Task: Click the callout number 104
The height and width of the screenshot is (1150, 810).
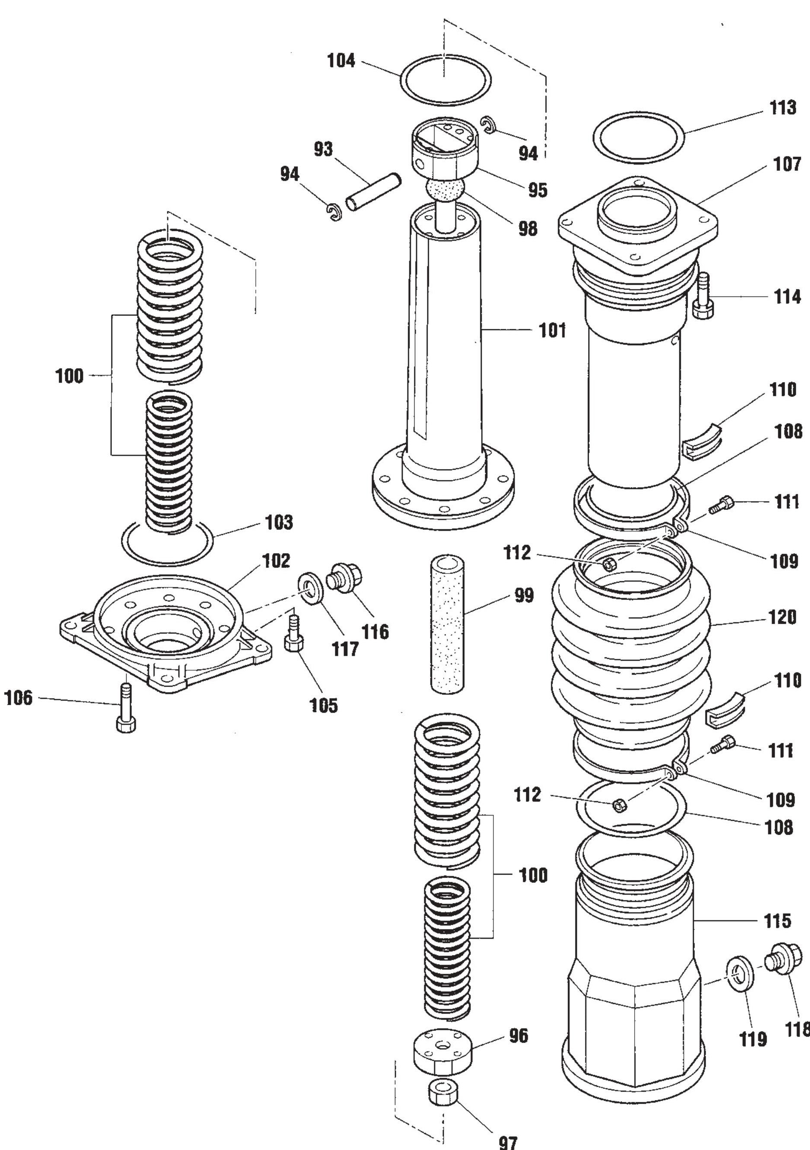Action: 341,61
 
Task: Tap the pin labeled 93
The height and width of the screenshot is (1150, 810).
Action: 373,192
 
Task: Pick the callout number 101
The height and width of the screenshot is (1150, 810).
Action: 552,331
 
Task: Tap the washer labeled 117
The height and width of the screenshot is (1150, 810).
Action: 310,589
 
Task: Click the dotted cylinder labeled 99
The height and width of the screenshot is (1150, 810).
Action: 447,624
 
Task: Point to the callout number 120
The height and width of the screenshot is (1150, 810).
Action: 782,617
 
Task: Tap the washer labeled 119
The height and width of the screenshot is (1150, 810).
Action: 738,973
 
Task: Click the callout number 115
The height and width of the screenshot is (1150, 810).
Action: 777,921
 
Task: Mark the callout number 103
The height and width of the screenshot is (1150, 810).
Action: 279,522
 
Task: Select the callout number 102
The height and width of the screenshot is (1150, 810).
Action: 276,561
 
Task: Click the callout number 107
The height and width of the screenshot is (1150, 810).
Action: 787,164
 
